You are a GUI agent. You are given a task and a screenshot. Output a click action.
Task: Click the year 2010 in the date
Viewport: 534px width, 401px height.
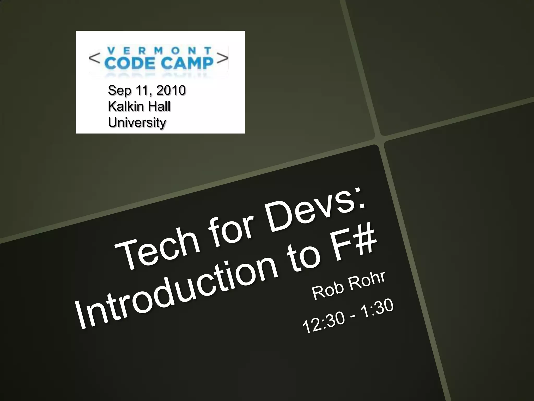coord(171,90)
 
